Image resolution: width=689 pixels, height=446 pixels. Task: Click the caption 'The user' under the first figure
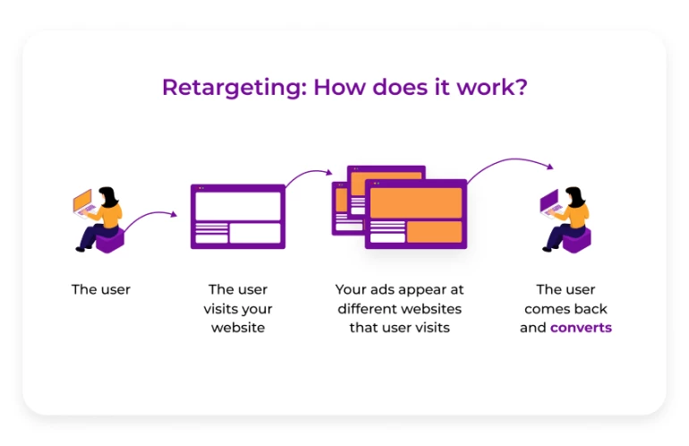(101, 289)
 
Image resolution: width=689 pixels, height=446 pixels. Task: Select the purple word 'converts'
(581, 328)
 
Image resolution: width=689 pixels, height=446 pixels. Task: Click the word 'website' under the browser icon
(238, 328)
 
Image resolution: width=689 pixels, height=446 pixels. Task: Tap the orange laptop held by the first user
(82, 201)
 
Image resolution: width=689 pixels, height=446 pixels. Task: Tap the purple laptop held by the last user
(549, 202)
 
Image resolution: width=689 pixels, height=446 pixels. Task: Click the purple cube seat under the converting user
(577, 239)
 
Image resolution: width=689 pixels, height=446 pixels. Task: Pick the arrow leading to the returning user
(509, 164)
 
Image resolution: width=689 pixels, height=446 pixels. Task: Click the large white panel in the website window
(238, 206)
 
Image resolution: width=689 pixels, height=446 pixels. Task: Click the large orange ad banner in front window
(415, 202)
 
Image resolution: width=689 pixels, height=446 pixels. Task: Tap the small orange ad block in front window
(434, 232)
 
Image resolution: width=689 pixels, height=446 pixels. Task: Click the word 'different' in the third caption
(368, 309)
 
